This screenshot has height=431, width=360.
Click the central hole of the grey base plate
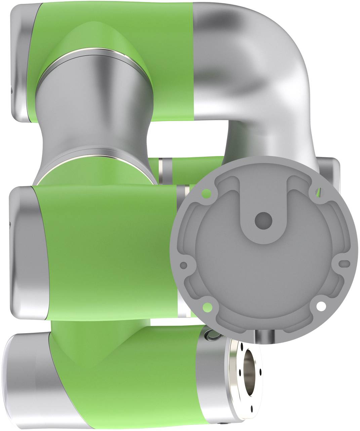263,221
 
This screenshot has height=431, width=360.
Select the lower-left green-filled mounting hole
207,306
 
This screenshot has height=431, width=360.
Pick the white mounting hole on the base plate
321,306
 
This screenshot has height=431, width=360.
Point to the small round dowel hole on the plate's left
184,265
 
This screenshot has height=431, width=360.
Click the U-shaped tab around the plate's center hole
263,232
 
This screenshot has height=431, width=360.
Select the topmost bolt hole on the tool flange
242,346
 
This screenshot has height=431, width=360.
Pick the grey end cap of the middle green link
25,252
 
